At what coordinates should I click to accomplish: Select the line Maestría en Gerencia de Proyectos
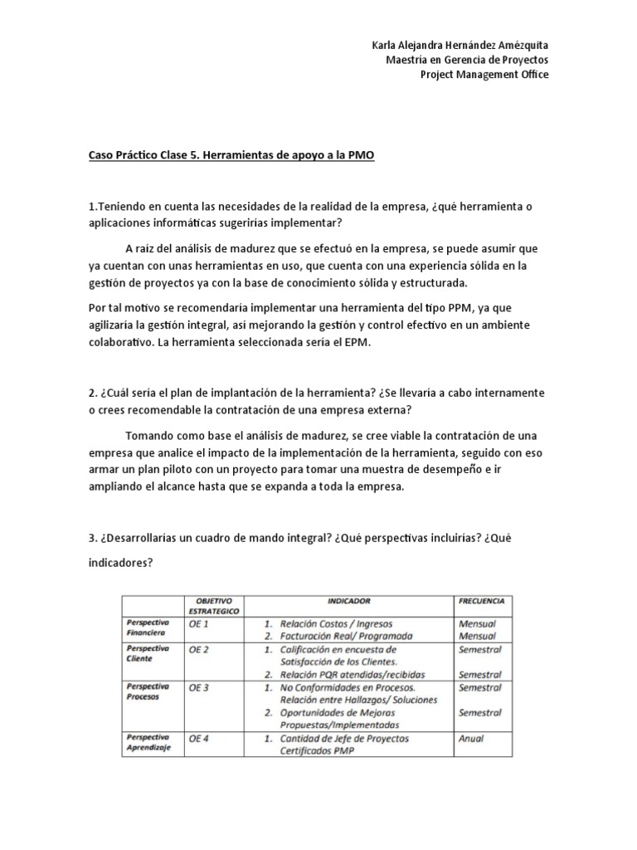point(467,60)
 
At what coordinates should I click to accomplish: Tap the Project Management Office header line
point(485,75)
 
